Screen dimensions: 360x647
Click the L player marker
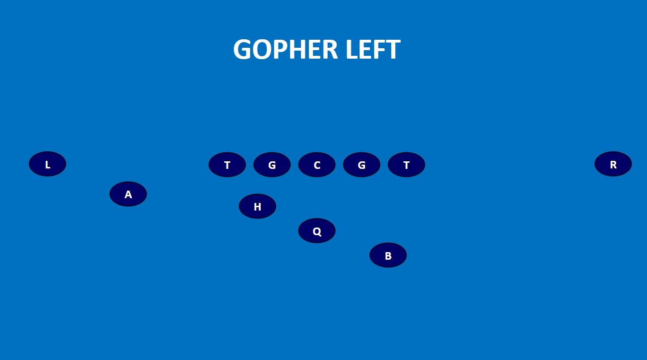47,164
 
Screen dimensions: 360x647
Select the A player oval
128,194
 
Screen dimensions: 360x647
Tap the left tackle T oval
227,165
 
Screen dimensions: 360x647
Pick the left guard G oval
272,165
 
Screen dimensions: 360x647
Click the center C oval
317,165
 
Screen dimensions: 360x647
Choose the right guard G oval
361,165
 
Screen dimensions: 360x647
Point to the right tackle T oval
406,165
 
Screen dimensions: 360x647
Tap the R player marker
613,164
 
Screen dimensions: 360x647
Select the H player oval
257,206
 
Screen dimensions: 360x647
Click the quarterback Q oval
317,231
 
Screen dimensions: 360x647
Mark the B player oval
388,255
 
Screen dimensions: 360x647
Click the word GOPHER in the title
286,50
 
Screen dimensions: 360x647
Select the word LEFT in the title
373,50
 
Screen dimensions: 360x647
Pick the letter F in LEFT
378,50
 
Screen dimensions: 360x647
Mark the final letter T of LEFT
393,50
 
